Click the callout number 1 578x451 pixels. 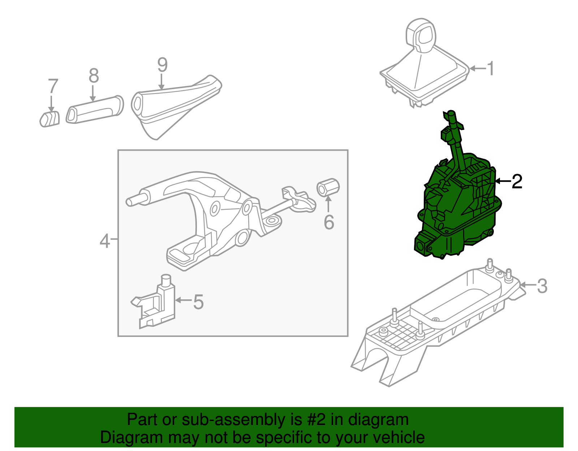click(x=490, y=68)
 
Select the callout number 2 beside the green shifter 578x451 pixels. click(x=517, y=181)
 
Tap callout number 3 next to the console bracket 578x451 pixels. click(x=542, y=286)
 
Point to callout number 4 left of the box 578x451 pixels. click(x=104, y=241)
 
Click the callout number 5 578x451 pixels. click(x=198, y=302)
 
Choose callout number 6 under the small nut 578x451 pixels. click(x=329, y=222)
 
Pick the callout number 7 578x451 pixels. click(x=53, y=87)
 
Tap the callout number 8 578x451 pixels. click(x=94, y=76)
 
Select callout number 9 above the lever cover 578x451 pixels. click(x=163, y=65)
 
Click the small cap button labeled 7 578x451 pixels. click(x=49, y=119)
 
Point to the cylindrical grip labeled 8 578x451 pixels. click(x=95, y=110)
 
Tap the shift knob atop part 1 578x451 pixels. click(x=422, y=35)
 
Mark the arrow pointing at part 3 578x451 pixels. click(x=527, y=285)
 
